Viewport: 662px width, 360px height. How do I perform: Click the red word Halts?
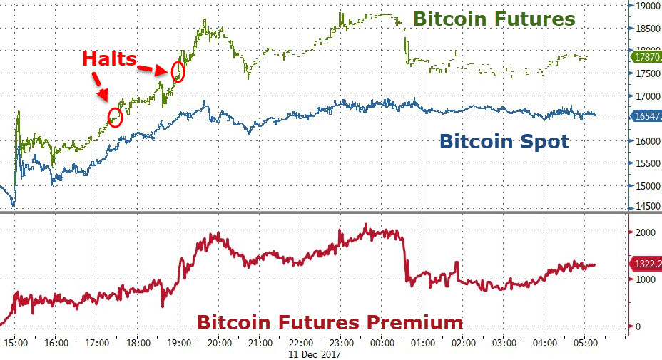(109, 58)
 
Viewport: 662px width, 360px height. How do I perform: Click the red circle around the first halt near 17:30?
(115, 118)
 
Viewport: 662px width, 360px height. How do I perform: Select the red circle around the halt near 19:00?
(178, 72)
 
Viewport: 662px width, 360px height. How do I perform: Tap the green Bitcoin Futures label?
(494, 19)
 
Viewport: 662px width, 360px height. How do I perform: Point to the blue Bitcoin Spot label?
(504, 141)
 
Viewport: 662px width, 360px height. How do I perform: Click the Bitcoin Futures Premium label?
(330, 322)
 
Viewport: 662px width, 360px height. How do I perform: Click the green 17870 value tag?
(645, 56)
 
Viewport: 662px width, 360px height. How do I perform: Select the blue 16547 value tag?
(645, 115)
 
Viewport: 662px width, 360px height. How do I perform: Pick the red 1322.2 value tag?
(646, 264)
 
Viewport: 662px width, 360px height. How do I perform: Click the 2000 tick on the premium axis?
(643, 232)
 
